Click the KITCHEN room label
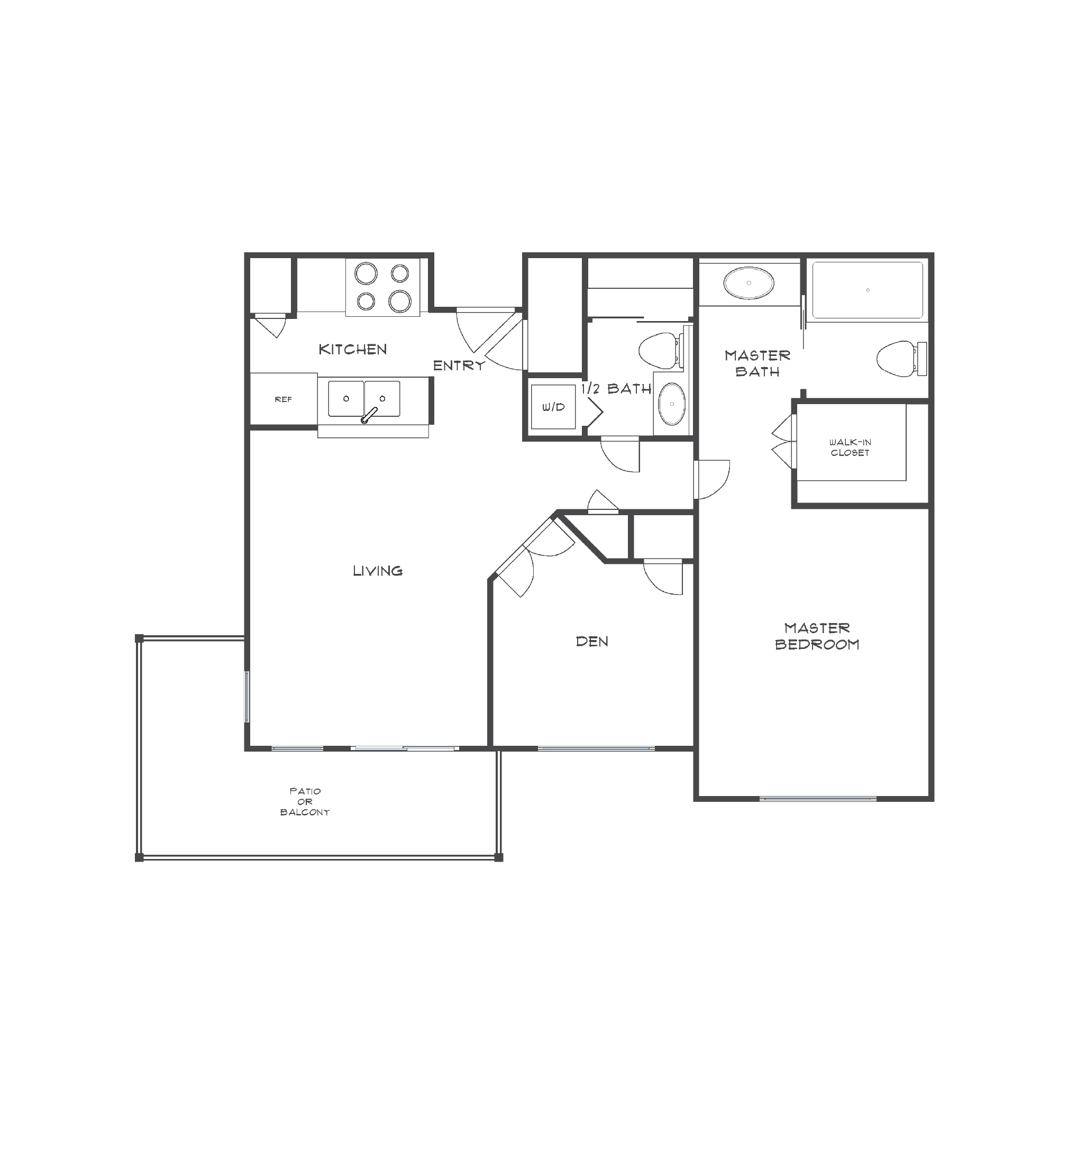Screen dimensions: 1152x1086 tap(352, 350)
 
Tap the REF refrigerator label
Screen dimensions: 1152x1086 tap(283, 399)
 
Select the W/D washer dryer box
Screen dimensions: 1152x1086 tap(553, 407)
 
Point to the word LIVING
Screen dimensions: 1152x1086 tap(378, 571)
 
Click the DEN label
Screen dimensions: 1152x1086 tap(592, 642)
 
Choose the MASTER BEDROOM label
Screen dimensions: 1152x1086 tap(817, 636)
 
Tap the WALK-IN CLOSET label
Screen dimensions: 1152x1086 tap(850, 447)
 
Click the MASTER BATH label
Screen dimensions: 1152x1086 tap(757, 363)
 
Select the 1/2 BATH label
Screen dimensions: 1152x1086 tap(617, 389)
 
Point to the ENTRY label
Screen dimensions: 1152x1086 tap(459, 365)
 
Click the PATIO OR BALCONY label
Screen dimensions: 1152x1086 tap(305, 801)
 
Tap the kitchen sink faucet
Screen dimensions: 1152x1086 tap(369, 416)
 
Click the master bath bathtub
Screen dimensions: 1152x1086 tap(867, 290)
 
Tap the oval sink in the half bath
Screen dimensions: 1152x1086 tap(672, 404)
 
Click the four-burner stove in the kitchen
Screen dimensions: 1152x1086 tap(382, 287)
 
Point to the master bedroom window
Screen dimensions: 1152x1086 tap(818, 799)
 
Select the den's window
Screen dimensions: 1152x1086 tap(596, 748)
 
